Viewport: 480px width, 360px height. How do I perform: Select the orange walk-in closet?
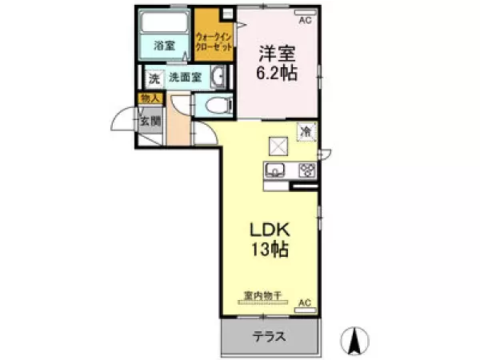click(x=214, y=41)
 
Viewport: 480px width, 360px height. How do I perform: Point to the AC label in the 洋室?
click(x=304, y=12)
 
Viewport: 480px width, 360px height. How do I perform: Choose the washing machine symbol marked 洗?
click(x=153, y=78)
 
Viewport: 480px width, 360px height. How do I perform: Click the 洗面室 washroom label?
click(x=184, y=78)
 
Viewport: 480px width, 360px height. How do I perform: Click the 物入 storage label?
click(x=150, y=98)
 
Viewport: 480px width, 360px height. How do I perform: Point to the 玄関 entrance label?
click(x=150, y=122)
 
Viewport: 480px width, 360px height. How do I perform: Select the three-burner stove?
click(x=306, y=170)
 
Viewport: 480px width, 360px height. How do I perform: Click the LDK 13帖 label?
click(x=266, y=238)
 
